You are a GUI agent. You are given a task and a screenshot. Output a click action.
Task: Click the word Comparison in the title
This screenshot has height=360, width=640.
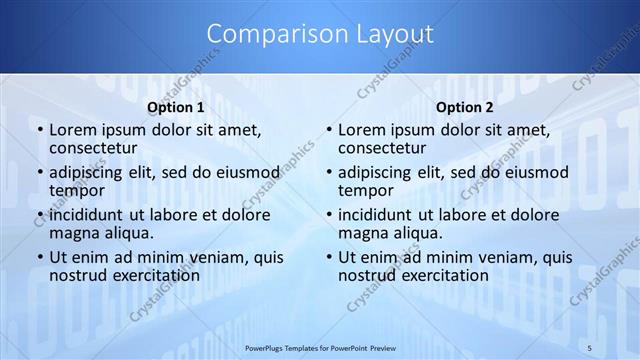(x=267, y=34)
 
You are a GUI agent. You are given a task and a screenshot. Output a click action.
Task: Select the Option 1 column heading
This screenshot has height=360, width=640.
(x=176, y=107)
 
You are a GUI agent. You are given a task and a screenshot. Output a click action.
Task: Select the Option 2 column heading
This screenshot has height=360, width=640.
(x=465, y=107)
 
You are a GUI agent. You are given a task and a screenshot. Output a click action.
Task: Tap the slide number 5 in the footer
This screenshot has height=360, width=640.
(x=589, y=347)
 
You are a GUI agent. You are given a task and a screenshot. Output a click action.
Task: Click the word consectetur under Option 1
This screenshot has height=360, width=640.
(x=94, y=148)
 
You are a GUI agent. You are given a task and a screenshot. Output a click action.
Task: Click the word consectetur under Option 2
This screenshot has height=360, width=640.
(x=383, y=148)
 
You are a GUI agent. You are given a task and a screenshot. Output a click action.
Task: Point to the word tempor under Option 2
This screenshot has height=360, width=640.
(x=364, y=190)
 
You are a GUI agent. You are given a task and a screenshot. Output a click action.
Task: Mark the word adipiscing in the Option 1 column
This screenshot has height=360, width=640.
(x=88, y=172)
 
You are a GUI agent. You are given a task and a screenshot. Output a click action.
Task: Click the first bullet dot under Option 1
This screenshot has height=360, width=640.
(x=38, y=131)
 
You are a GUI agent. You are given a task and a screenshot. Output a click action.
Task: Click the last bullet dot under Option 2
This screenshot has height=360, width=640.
(x=327, y=257)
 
